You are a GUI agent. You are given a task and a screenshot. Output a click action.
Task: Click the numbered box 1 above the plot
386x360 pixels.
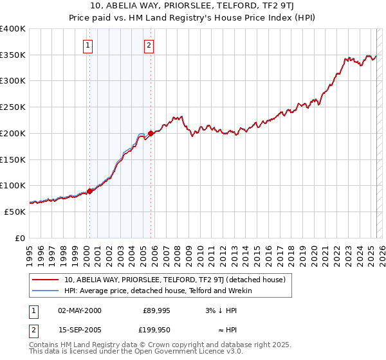coord(87,45)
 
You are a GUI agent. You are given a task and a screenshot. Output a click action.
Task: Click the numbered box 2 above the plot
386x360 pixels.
coord(149,45)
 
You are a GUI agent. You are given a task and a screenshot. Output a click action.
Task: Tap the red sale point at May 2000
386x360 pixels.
coord(89,191)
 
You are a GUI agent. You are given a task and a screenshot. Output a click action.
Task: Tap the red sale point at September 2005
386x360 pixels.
coord(151,134)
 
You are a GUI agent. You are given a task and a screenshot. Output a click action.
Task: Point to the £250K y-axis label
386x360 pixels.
coord(13,107)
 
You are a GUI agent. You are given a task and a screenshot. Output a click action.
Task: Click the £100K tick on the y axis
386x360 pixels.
coord(13,185)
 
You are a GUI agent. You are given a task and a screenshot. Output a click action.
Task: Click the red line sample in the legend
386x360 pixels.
coord(45,280)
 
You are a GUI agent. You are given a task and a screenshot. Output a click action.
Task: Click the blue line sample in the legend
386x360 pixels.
coord(45,291)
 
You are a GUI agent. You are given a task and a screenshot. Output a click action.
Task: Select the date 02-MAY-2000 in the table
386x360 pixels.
coord(80,310)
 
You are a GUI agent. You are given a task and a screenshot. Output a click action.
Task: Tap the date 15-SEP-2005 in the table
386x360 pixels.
coord(80,330)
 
